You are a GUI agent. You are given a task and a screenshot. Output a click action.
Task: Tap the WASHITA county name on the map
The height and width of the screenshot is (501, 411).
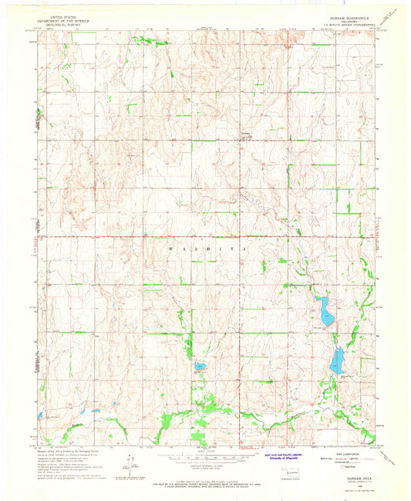tap(204, 249)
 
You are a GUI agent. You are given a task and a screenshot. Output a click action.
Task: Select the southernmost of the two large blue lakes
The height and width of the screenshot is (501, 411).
tap(337, 361)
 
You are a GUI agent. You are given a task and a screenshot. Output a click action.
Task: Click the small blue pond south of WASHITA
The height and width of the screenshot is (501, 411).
tap(199, 367)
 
